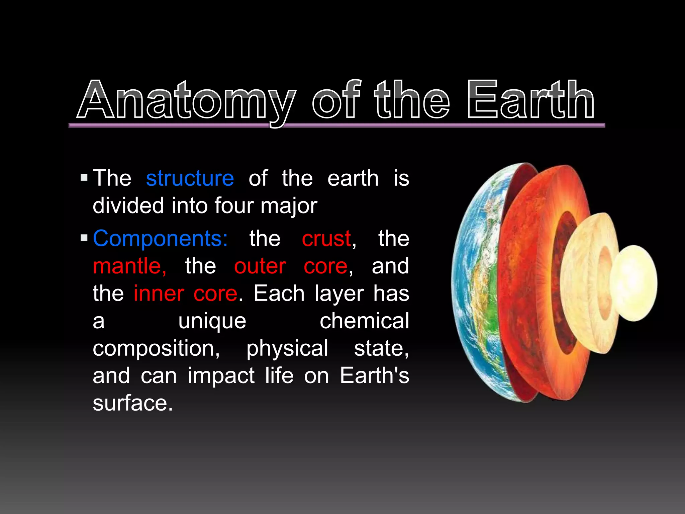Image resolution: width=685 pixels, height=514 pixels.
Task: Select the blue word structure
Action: pos(190,178)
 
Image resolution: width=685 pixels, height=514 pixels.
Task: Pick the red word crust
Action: pos(326,239)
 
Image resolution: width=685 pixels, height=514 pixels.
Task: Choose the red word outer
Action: pos(260,266)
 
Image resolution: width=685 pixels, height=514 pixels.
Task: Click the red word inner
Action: pos(159,294)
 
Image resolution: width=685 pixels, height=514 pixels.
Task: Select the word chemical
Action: pos(364,321)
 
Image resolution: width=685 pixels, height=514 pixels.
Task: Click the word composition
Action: pos(156,349)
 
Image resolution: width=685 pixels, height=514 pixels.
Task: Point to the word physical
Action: pos(287,349)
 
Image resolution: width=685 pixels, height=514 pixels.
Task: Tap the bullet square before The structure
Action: pos(84,177)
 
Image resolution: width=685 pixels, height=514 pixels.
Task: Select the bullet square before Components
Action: pos(84,238)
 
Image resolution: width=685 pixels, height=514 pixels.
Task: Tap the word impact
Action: pos(221,376)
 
